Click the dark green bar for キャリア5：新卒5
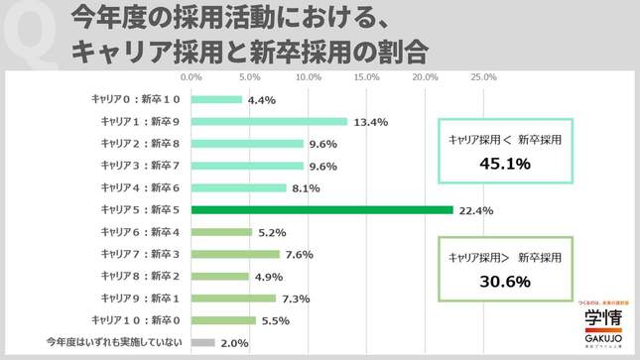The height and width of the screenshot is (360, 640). pyautogui.click(x=320, y=210)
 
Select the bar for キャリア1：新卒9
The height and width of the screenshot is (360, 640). pyautogui.click(x=268, y=122)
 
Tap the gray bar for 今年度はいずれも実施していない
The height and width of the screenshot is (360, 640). pyautogui.click(x=201, y=342)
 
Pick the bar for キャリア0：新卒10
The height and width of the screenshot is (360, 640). pyautogui.click(x=215, y=99)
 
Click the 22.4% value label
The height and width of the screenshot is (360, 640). pyautogui.click(x=474, y=210)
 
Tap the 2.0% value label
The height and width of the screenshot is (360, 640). pyautogui.click(x=234, y=343)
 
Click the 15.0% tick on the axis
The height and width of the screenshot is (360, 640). pyautogui.click(x=366, y=77)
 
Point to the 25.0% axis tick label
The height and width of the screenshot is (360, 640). pyautogui.click(x=483, y=77)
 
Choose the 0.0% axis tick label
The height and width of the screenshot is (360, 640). pyautogui.click(x=191, y=77)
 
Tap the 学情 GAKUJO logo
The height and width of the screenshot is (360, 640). pyautogui.click(x=601, y=322)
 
